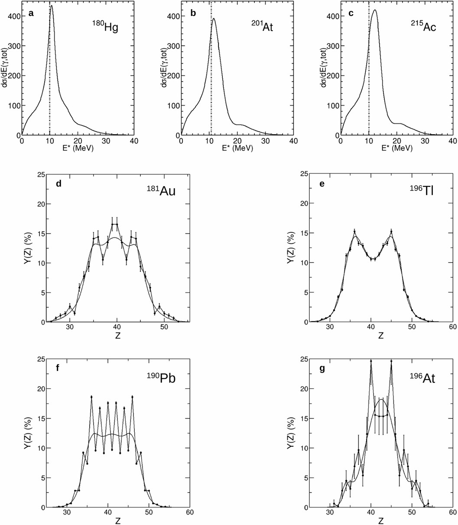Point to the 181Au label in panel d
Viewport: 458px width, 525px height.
click(x=160, y=190)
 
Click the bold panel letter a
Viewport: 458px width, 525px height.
click(x=31, y=13)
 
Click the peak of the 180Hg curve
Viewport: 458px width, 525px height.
click(x=52, y=6)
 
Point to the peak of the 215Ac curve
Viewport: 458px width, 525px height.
click(x=374, y=10)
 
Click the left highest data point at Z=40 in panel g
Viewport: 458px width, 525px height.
click(x=371, y=361)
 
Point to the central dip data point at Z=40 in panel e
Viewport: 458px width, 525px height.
click(x=371, y=259)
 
